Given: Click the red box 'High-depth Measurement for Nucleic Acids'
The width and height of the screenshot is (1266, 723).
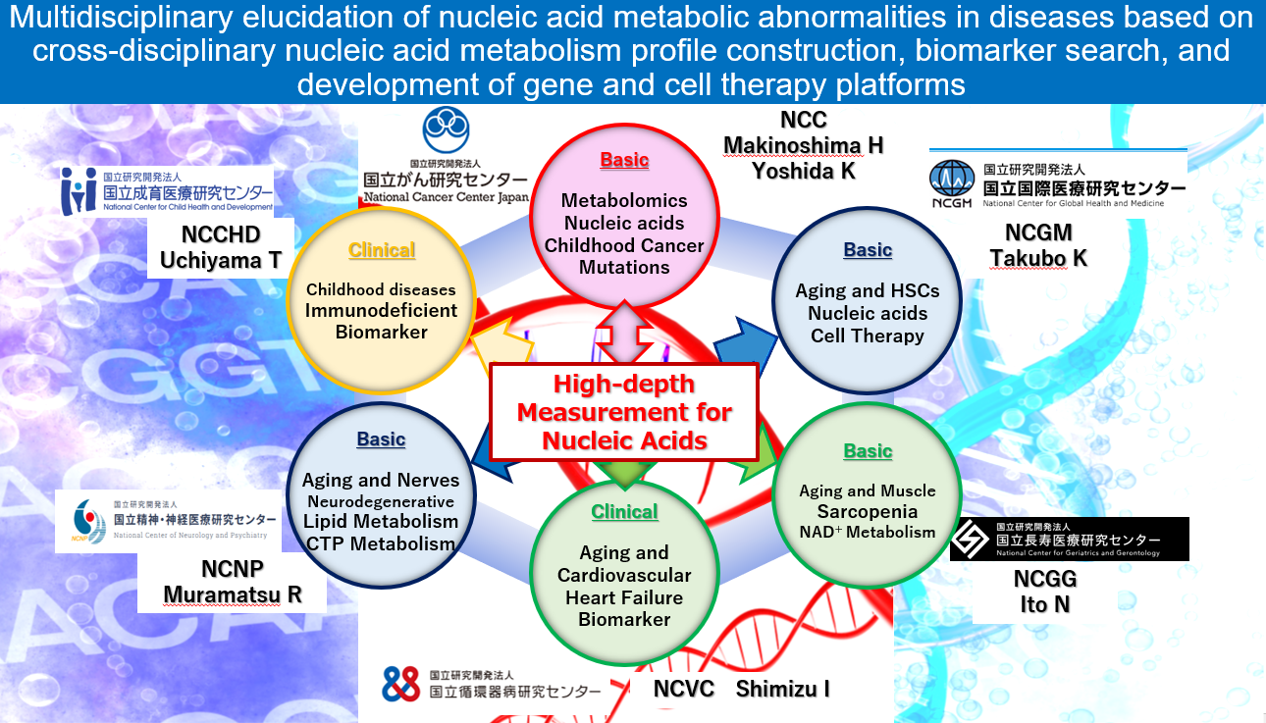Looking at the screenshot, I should pos(624,412).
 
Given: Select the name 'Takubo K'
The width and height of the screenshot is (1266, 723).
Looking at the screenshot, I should pos(1038,258).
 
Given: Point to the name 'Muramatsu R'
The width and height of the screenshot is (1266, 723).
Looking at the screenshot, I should pos(233,594).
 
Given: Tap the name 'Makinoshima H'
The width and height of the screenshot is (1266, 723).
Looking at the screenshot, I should pos(803,145).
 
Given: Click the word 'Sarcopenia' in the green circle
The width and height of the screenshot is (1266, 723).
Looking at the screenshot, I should pos(868,511).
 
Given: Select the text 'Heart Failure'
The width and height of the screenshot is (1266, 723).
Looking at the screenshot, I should pos(624,597).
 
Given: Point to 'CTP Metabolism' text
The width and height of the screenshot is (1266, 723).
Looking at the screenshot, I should pos(379,543).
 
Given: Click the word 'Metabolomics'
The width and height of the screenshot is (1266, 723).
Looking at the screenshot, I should pos(624,200).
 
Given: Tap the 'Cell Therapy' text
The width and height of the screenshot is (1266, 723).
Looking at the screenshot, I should pos(868,336).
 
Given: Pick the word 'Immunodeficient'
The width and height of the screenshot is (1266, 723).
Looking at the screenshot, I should pos(381,310).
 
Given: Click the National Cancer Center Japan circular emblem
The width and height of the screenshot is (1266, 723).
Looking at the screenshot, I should pos(447,130).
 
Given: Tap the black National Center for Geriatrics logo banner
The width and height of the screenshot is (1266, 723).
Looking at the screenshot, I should pos(1069,540).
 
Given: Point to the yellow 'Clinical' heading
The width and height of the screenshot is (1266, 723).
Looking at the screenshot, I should pos(382,249).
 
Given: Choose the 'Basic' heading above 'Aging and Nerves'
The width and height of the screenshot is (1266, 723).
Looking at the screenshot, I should pos(381,439).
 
